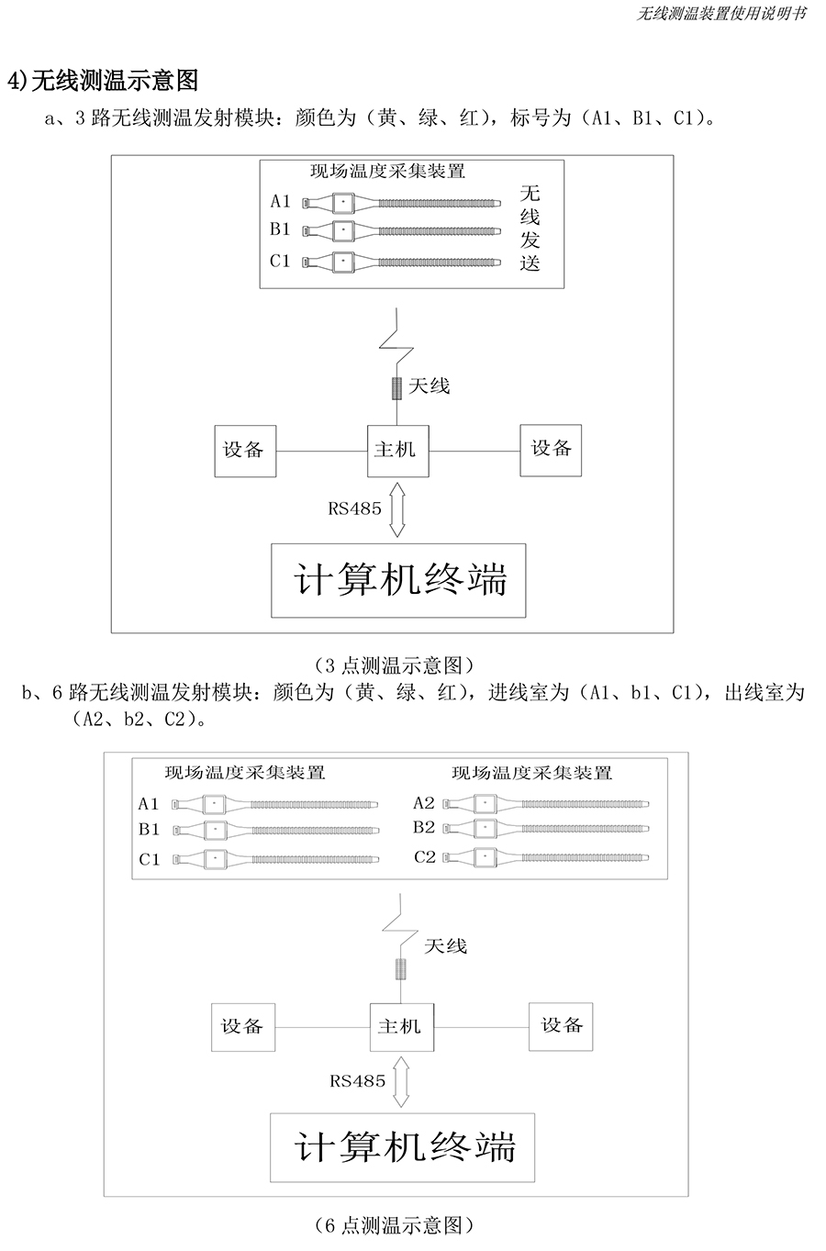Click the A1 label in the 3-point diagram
tap(280, 201)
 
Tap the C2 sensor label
tap(424, 856)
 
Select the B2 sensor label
tap(424, 827)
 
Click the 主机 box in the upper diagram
tap(397, 451)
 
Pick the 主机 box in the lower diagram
tap(402, 1027)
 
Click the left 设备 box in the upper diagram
tap(245, 451)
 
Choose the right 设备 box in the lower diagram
tap(561, 1026)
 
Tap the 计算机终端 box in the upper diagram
tap(398, 580)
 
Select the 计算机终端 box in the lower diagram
tap(402, 1147)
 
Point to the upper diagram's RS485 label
tap(354, 508)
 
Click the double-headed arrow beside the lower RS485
tap(401, 1082)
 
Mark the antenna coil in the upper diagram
tap(396, 388)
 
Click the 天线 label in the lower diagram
tap(445, 946)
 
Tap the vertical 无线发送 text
tap(530, 228)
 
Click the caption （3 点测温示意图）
tap(394, 665)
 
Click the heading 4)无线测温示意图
tap(103, 81)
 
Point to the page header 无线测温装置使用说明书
tap(721, 14)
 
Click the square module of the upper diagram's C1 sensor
tap(343, 262)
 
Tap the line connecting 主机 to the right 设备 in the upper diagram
tap(474, 451)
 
